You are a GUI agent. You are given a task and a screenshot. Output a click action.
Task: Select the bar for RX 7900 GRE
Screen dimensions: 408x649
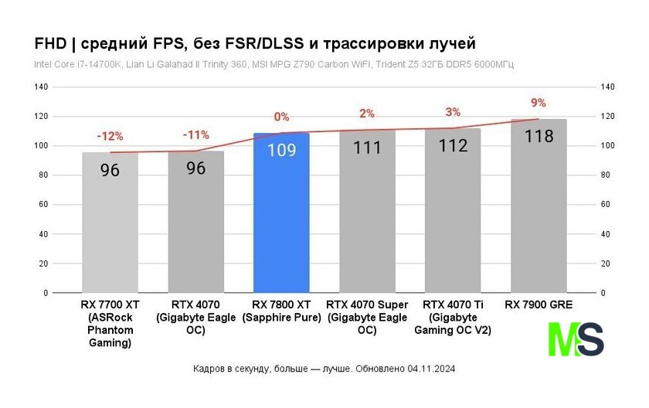[x=539, y=216]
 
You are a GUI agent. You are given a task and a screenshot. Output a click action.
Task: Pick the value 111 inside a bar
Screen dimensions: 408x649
[x=367, y=148]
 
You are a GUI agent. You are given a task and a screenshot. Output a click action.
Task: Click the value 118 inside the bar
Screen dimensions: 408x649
[x=539, y=137]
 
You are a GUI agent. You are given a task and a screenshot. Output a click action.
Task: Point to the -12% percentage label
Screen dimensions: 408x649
[x=110, y=136]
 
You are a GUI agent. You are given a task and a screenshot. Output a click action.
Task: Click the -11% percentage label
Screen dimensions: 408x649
[x=195, y=134]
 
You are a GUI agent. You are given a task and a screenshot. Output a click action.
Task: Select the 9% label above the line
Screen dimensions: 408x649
[x=539, y=103]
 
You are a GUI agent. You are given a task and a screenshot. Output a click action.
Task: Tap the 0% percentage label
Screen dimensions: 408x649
[x=281, y=117]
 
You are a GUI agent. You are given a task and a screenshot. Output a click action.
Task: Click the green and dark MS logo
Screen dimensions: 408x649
[x=576, y=338]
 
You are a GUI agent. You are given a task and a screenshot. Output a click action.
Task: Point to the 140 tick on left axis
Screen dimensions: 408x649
[x=40, y=87]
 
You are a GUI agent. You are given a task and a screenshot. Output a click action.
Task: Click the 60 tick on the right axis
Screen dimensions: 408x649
[x=607, y=205]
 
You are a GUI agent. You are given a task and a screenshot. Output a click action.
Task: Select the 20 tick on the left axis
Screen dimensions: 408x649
[x=43, y=263]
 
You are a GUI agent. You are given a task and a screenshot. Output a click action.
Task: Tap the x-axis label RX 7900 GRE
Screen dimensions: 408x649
[x=539, y=304]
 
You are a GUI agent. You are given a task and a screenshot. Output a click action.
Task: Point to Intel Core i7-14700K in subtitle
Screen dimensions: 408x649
[x=76, y=64]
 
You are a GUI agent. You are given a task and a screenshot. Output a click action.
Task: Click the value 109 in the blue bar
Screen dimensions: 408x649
[x=281, y=150]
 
